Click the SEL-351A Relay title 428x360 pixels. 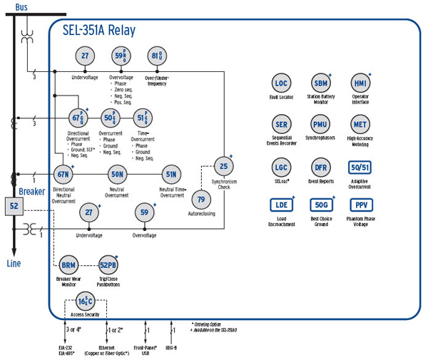[98, 31]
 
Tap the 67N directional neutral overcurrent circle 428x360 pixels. [63, 174]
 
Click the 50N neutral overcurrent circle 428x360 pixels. [117, 174]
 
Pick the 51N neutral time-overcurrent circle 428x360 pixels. [171, 174]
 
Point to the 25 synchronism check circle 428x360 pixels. [223, 167]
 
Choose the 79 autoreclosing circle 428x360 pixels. [200, 199]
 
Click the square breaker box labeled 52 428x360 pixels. [14, 207]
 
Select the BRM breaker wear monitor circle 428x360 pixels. [68, 264]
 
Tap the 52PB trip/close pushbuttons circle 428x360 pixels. [107, 264]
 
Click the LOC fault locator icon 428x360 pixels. [281, 83]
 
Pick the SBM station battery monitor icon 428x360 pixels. [321, 83]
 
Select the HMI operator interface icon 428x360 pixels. [360, 83]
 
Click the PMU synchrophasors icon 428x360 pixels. [321, 125]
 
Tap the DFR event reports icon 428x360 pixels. [321, 168]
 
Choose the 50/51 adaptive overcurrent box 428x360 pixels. [360, 168]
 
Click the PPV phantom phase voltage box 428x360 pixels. [360, 205]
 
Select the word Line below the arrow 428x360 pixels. [14, 263]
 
